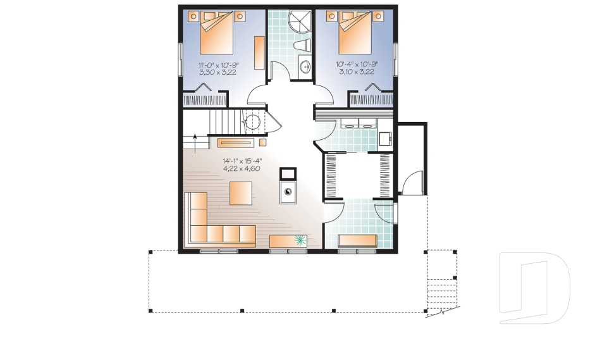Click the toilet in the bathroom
pyautogui.click(x=305, y=46)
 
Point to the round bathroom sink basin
pyautogui.click(x=305, y=66)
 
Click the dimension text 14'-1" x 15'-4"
pyautogui.click(x=242, y=161)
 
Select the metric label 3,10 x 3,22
pyautogui.click(x=357, y=72)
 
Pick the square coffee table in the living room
pyautogui.click(x=241, y=192)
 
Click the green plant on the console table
pyautogui.click(x=300, y=240)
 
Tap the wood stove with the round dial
pyautogui.click(x=288, y=192)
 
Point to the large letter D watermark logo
pyautogui.click(x=534, y=288)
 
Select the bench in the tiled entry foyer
pyautogui.click(x=358, y=240)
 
